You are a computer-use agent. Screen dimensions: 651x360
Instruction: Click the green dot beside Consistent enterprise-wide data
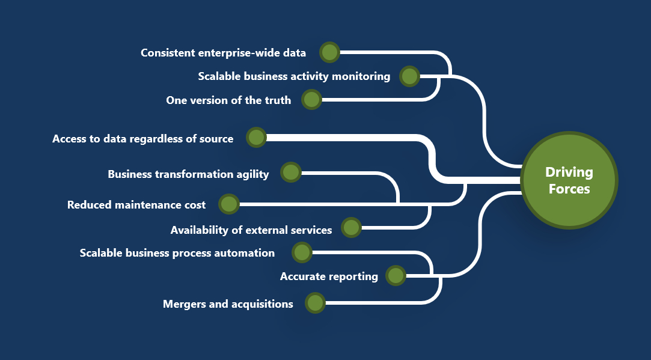coord(329,52)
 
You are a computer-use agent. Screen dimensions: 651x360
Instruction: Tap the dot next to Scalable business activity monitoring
coord(409,76)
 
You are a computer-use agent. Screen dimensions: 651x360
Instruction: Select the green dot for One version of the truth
coord(311,100)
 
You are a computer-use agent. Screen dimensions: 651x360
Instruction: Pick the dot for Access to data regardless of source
coord(256,138)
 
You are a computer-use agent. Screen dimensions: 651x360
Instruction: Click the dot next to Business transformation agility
coord(290,172)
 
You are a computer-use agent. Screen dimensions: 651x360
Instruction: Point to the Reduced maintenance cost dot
coord(229,204)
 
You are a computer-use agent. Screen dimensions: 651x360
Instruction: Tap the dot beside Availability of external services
coord(351,228)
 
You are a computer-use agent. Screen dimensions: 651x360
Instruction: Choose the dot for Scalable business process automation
coord(302,252)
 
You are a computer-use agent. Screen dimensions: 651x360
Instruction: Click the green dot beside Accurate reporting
coord(396,276)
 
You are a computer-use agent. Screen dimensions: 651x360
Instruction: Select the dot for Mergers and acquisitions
coord(315,303)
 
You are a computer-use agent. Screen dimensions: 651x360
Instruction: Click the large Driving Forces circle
coord(569,180)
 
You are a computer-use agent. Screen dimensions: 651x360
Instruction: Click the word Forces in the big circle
coord(569,189)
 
